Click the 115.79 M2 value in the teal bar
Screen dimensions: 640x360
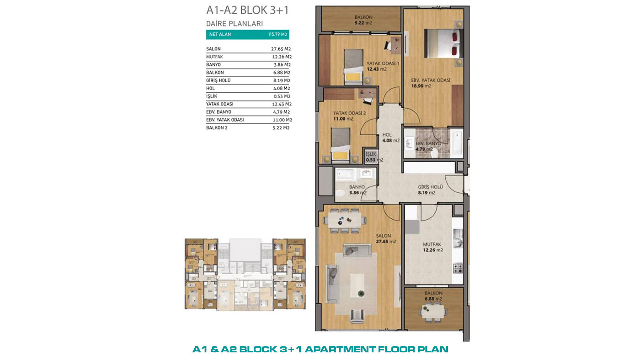277,34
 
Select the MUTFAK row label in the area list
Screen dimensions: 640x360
214,57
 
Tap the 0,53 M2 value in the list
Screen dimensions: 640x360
282,96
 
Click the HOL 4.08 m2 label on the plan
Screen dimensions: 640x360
390,138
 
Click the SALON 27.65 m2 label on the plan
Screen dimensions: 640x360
386,238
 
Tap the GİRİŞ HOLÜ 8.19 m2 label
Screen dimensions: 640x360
430,190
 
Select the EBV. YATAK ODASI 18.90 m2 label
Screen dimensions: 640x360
431,83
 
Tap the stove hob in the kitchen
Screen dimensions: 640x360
458,268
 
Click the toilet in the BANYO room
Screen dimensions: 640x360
341,193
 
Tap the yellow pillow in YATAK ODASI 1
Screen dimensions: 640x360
353,77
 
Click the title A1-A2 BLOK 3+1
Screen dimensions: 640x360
247,11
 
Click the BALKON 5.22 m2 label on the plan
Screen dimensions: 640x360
363,20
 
